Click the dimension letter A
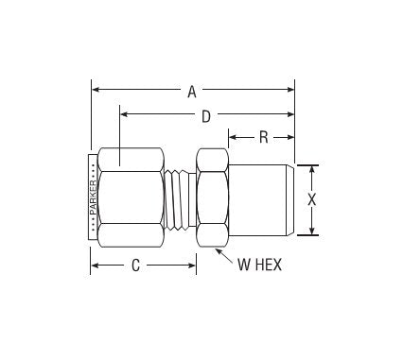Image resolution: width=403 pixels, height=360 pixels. pyautogui.click(x=192, y=92)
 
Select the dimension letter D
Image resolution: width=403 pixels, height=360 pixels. pyautogui.click(x=206, y=116)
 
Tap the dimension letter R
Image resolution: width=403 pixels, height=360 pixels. pyautogui.click(x=264, y=137)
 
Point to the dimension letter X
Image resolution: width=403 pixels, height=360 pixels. pyautogui.click(x=311, y=199)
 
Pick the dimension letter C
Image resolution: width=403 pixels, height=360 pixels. pyautogui.click(x=135, y=266)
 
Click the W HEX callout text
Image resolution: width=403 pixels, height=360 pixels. pyautogui.click(x=259, y=265)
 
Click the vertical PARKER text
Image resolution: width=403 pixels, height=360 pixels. pyautogui.click(x=94, y=197)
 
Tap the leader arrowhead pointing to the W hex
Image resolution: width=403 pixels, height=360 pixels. pyautogui.click(x=219, y=251)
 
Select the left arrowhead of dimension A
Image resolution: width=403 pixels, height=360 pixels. pyautogui.click(x=96, y=90)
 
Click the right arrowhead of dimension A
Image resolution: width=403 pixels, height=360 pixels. pyautogui.click(x=290, y=90)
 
